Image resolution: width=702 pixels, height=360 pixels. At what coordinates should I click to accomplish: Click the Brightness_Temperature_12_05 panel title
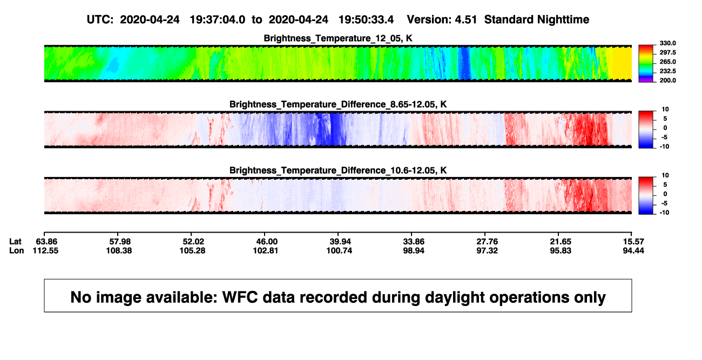[x=338, y=38]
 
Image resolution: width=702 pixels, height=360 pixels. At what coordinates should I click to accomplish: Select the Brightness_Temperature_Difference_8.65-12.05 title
[x=338, y=104]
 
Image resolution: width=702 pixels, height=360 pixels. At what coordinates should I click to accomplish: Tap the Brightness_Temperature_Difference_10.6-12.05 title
[x=338, y=171]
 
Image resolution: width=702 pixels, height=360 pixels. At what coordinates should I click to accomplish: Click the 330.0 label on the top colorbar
[x=667, y=43]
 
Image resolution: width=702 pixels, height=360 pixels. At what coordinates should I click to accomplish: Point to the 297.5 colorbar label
[x=667, y=53]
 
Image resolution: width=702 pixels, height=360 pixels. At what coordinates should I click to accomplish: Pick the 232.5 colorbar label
[x=667, y=71]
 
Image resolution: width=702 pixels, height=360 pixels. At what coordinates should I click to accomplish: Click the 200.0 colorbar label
[x=667, y=80]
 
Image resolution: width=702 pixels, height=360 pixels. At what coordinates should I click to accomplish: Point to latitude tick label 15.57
[x=633, y=242]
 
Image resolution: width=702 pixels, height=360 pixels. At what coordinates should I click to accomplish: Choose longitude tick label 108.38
[x=119, y=250]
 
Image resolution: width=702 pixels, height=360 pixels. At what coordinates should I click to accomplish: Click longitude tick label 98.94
[x=414, y=250]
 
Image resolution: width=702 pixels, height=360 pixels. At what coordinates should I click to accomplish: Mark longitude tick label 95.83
[x=561, y=250]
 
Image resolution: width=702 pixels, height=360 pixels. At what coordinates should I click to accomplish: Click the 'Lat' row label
[x=15, y=242]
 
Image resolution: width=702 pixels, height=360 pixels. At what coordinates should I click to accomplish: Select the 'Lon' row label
[x=17, y=250]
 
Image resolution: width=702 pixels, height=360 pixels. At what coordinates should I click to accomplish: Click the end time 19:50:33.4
[x=366, y=20]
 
